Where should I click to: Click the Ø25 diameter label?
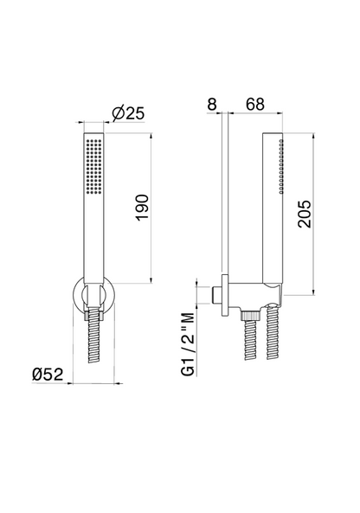(x=128, y=113)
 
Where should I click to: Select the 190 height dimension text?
(x=143, y=208)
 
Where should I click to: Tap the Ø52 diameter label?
(x=48, y=374)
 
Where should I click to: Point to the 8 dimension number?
(x=212, y=105)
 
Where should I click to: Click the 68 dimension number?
(x=255, y=105)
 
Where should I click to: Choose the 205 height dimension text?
(x=305, y=214)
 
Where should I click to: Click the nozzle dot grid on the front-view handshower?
(x=94, y=166)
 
